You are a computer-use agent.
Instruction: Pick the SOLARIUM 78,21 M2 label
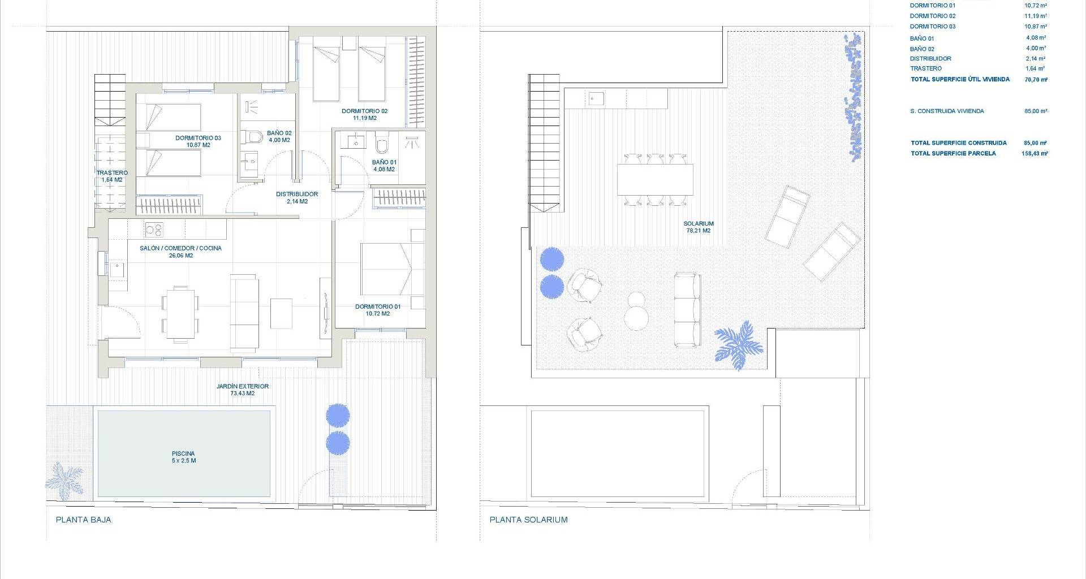(699, 227)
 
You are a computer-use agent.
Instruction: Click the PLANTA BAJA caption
(84, 520)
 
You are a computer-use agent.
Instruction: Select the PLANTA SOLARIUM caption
(529, 520)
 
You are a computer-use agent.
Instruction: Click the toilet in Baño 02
(252, 137)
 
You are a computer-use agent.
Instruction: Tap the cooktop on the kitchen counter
(154, 229)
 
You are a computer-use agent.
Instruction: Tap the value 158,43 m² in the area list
(1035, 153)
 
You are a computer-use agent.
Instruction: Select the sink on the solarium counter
(596, 100)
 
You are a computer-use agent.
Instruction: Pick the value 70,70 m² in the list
(1036, 80)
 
